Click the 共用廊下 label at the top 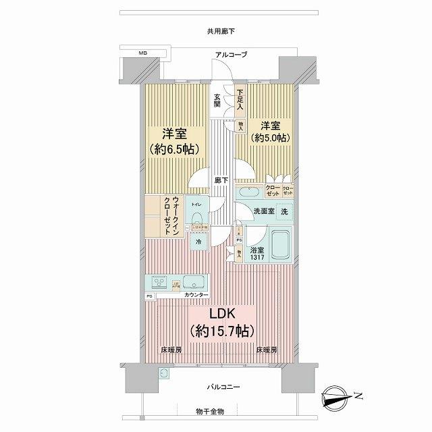pos(217,31)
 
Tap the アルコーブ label pos(231,55)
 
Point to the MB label pos(143,53)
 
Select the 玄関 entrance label pos(217,99)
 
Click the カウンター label pos(195,295)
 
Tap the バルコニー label pos(220,386)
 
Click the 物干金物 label pos(211,411)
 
